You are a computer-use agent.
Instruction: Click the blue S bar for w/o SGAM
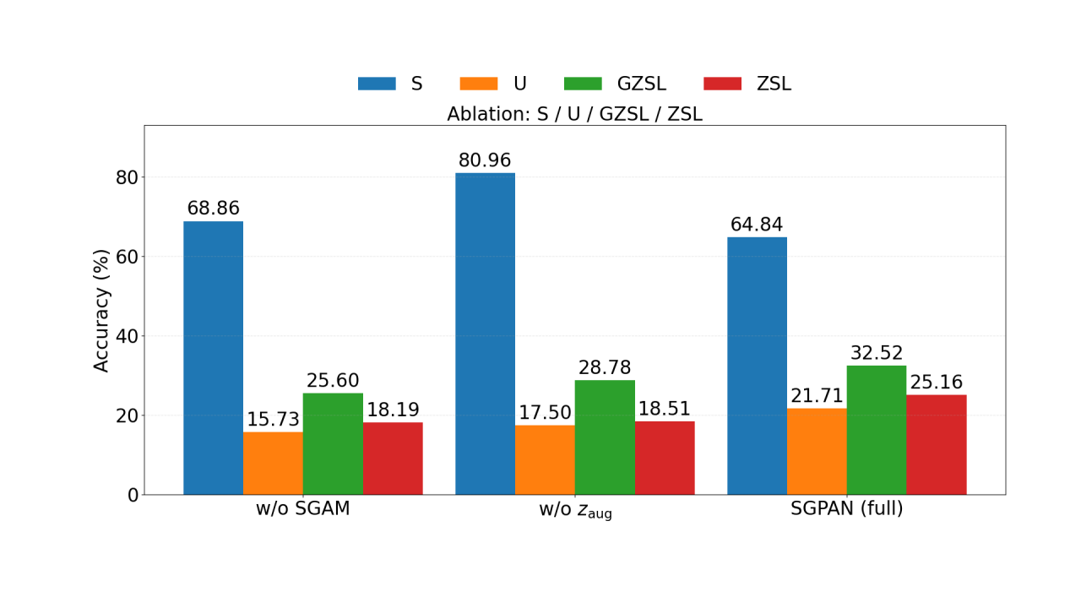point(213,358)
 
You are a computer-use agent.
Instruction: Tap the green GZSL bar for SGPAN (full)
point(877,430)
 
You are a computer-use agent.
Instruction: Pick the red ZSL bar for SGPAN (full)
point(937,444)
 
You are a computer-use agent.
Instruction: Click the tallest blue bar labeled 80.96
point(485,334)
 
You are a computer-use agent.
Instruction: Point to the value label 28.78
point(605,368)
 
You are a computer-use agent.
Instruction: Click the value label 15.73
point(273,420)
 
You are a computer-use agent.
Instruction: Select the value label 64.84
point(757,225)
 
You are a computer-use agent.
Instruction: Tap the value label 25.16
point(936,383)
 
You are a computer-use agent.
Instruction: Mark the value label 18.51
point(664,410)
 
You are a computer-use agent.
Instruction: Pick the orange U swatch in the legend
point(478,84)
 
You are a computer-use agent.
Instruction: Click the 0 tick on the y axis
point(133,495)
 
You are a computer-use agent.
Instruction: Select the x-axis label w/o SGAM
point(303,509)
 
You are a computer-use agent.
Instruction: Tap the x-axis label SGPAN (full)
point(847,509)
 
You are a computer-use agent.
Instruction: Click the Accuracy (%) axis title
point(102,310)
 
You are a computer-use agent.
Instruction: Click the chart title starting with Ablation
point(574,114)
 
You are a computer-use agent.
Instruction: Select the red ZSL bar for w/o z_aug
point(665,458)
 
